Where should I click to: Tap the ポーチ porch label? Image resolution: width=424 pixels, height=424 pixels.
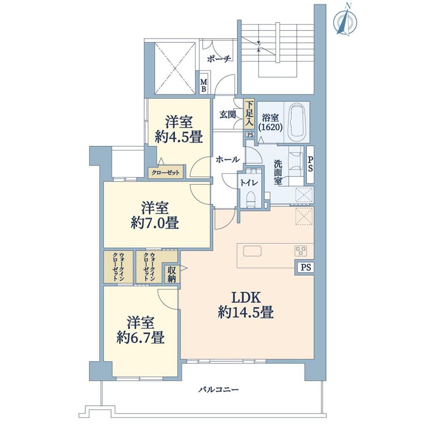click(219, 59)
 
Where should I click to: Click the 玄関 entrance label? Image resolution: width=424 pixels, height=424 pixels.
click(227, 115)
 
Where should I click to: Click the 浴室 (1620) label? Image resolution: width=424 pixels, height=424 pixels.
click(270, 123)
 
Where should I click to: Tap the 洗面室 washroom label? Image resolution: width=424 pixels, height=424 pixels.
click(278, 172)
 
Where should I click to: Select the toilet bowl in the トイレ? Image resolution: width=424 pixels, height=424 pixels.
click(251, 199)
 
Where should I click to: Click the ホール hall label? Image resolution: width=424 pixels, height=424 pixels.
click(227, 159)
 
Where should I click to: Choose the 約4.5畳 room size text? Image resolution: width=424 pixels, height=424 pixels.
click(179, 137)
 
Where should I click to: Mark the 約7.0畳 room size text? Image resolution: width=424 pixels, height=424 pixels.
click(154, 223)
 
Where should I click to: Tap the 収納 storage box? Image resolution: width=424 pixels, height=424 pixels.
click(171, 274)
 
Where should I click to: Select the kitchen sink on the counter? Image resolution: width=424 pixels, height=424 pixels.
click(252, 251)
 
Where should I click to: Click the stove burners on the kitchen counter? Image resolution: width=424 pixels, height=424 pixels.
click(300, 251)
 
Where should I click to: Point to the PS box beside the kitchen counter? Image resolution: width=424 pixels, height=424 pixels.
click(306, 268)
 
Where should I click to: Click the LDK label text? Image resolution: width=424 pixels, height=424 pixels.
click(246, 298)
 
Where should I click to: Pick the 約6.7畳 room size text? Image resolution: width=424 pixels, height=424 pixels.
click(141, 337)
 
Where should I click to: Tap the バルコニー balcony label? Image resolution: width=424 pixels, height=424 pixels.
click(219, 389)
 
